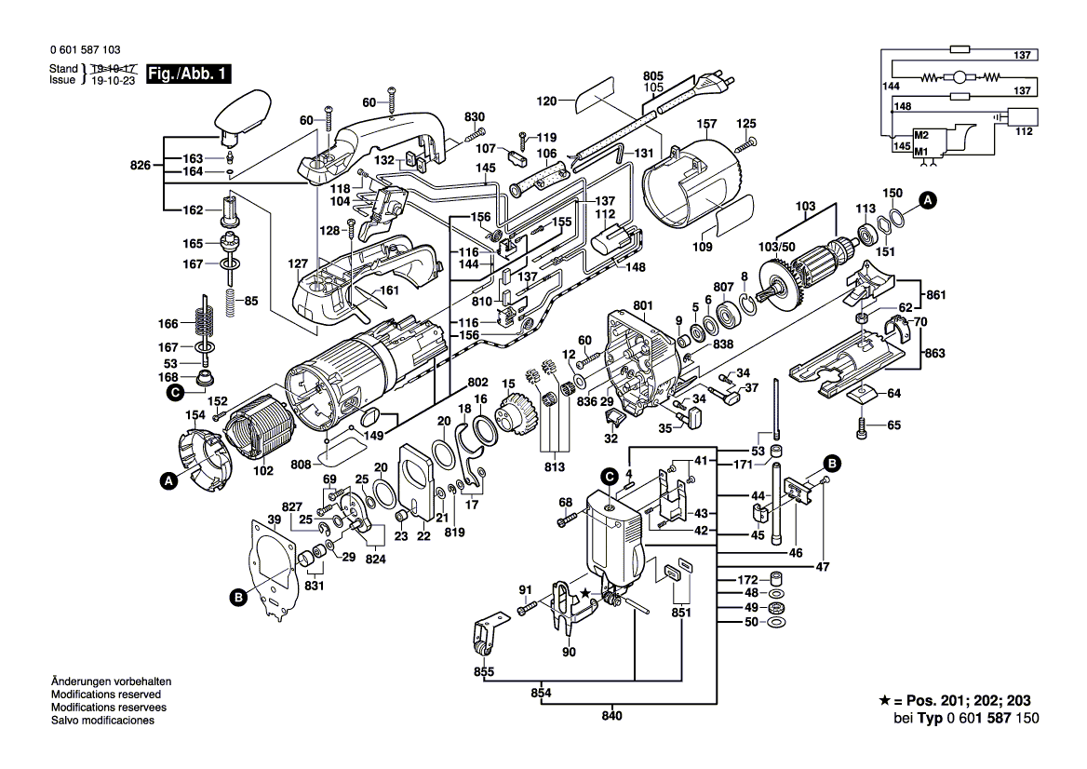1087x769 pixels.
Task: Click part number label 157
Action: click(x=708, y=125)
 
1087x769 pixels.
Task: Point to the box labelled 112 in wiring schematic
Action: click(x=1024, y=118)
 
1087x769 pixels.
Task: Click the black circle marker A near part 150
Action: click(x=928, y=199)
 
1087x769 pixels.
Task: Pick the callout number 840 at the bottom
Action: click(x=611, y=716)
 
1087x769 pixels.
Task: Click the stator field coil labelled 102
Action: click(x=262, y=438)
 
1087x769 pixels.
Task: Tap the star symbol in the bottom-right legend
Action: click(x=884, y=701)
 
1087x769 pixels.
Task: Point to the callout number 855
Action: click(x=484, y=671)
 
